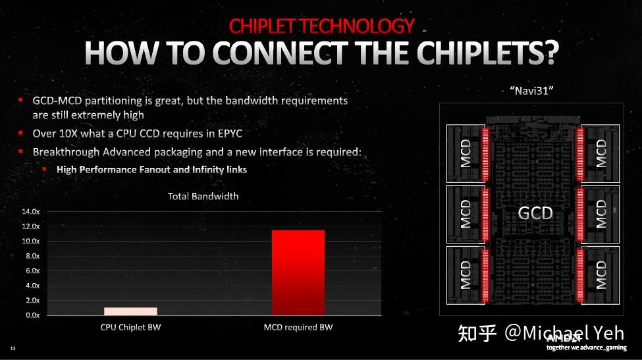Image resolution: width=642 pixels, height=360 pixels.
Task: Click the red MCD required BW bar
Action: pos(298,272)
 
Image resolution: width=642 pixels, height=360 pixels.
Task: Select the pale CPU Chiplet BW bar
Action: pos(130,311)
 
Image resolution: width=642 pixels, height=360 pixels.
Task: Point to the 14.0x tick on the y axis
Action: pos(31,212)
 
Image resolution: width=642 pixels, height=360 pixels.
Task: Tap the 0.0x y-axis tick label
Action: pos(32,315)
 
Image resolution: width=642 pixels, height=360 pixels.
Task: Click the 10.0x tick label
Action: pos(31,242)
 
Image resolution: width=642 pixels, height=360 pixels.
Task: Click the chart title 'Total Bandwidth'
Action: pos(203,196)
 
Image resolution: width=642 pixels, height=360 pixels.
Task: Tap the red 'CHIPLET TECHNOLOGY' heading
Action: pos(321,26)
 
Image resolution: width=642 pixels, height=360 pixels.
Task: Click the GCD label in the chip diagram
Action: pos(535,213)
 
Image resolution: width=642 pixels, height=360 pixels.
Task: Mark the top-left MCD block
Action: pos(466,153)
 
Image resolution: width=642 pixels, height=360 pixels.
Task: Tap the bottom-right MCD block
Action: pos(601,275)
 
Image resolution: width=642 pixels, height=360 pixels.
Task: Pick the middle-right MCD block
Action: pos(601,214)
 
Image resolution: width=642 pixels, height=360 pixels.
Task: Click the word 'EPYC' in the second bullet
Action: pos(228,134)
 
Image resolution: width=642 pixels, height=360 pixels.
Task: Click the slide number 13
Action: pos(13,347)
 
